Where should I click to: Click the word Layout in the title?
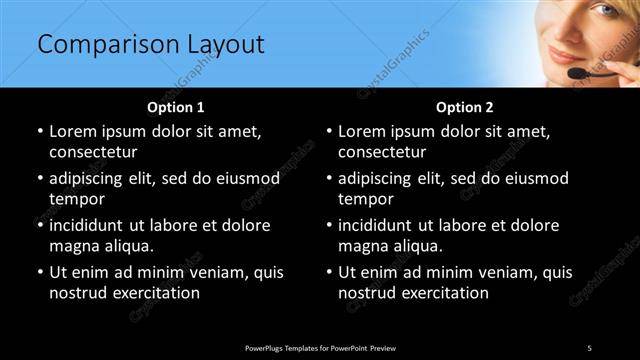click(x=225, y=45)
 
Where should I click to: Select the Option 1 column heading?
click(x=176, y=107)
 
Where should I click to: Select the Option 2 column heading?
click(x=465, y=107)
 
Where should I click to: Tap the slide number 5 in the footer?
click(x=589, y=347)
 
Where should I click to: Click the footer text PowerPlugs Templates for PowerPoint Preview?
click(x=320, y=347)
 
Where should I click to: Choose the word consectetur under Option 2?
click(x=386, y=152)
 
